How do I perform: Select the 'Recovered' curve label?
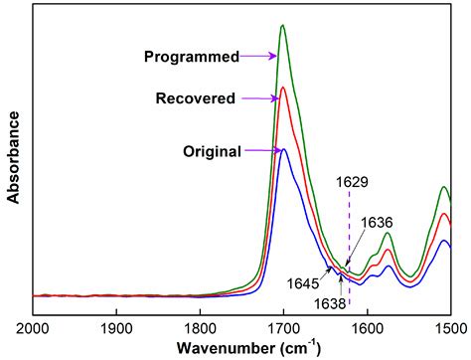pos(195,98)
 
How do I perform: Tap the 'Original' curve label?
pos(212,152)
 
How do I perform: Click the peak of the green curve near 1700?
pos(283,26)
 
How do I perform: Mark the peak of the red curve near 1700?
pos(283,88)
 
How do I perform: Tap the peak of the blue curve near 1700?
pos(284,149)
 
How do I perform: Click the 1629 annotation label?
pos(350,183)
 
